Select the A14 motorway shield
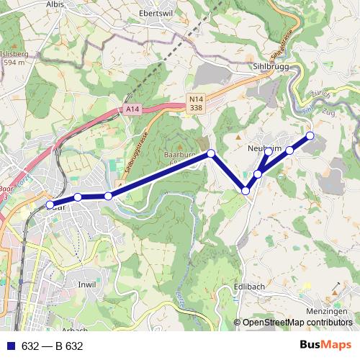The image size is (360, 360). [x=130, y=109]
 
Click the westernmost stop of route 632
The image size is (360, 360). [x=50, y=205]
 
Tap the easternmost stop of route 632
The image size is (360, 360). [x=310, y=135]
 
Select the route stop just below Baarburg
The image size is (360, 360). [x=211, y=153]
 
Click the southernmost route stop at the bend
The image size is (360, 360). [x=246, y=191]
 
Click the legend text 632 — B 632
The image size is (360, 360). [x=53, y=346]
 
